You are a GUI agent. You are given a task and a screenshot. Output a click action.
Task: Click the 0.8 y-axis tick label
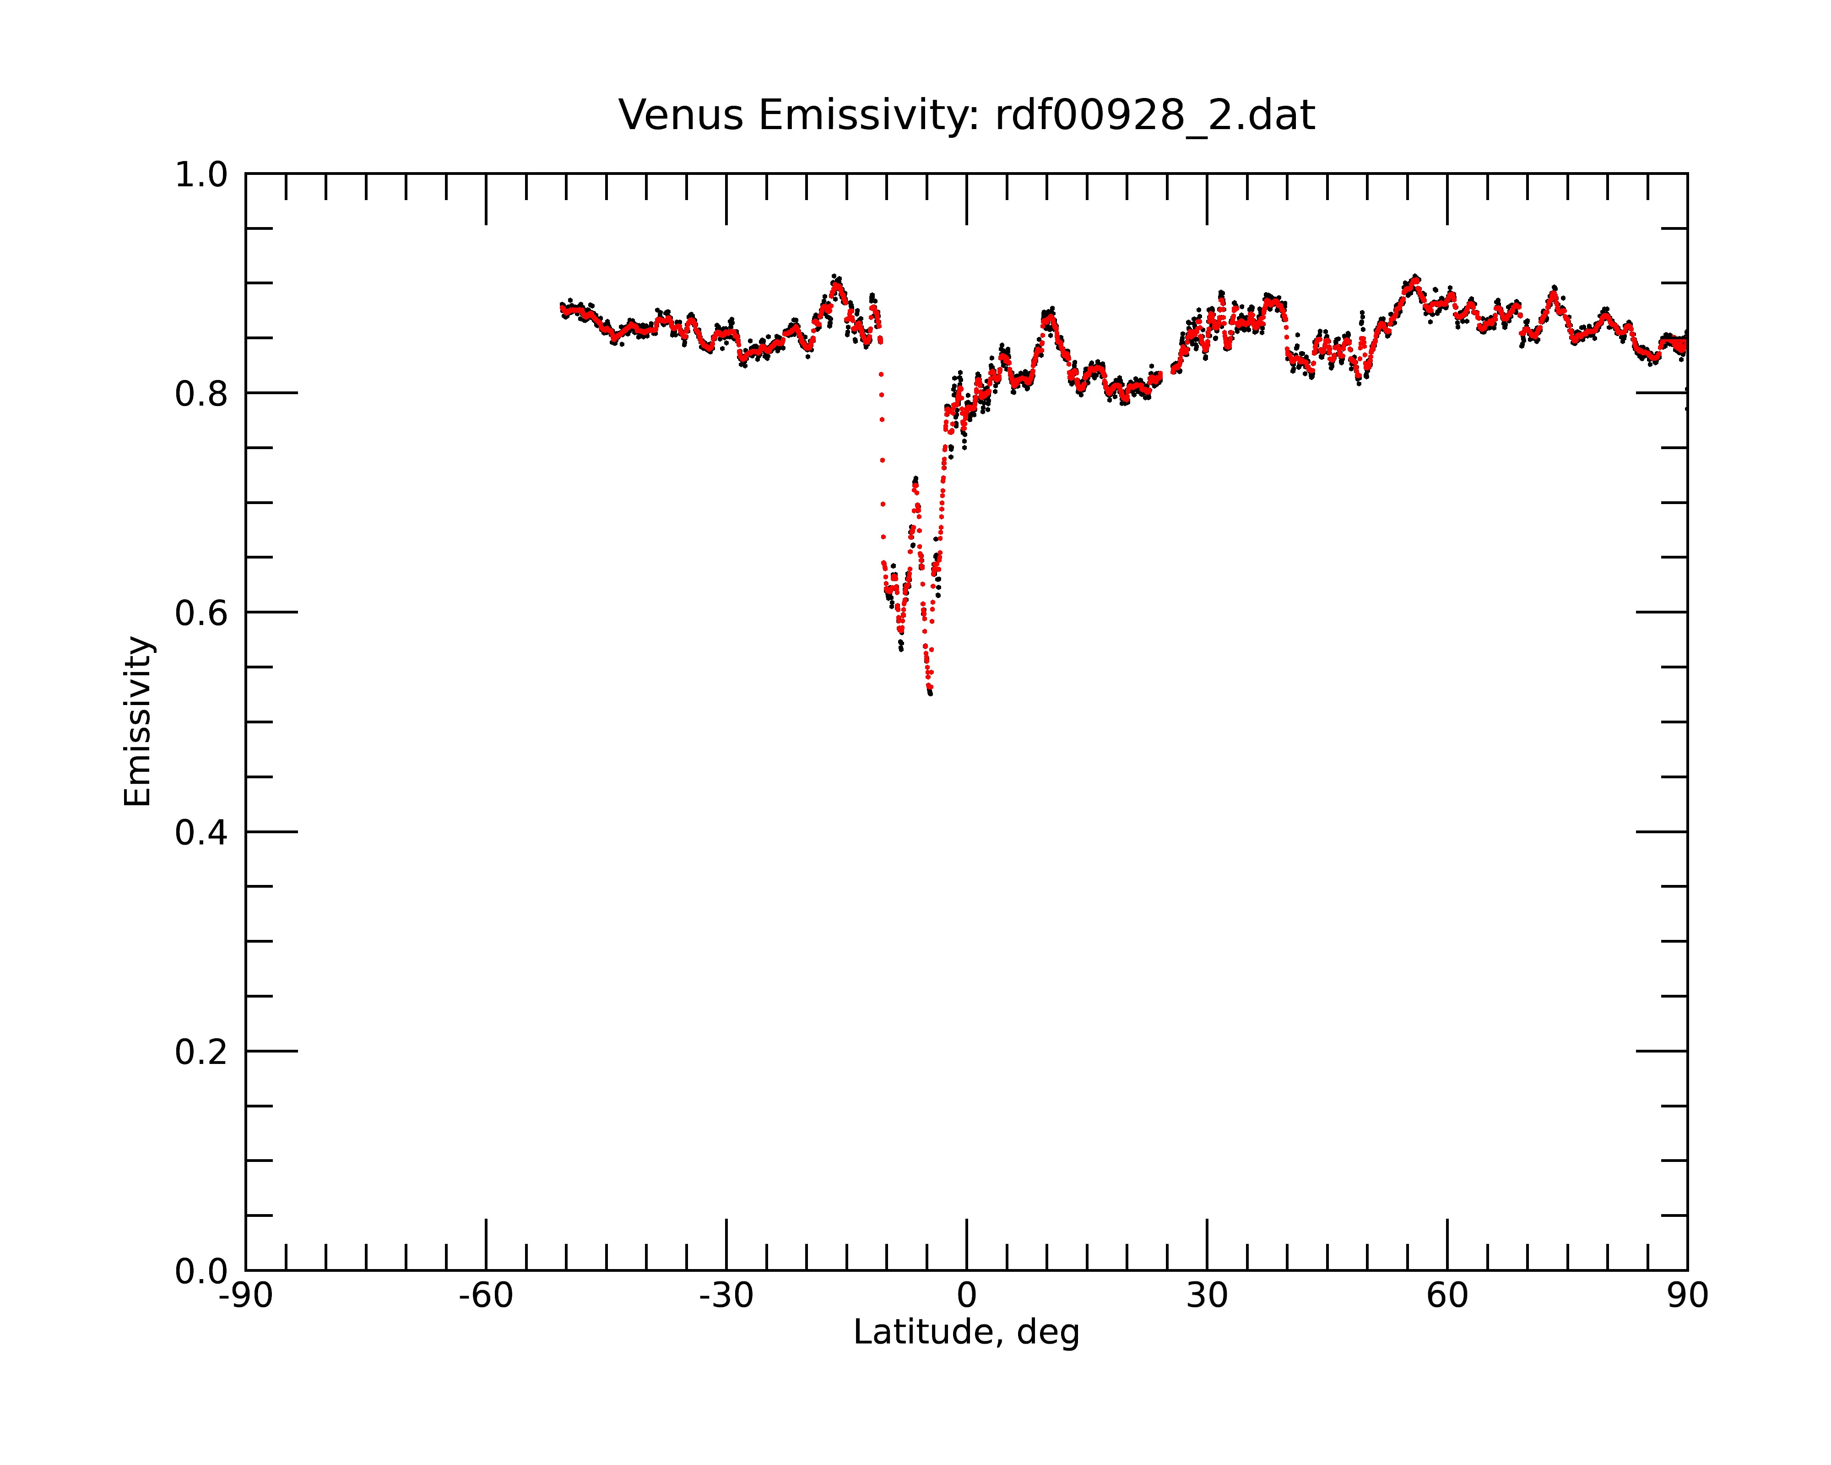[201, 394]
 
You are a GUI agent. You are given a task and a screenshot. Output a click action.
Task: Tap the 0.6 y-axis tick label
[201, 613]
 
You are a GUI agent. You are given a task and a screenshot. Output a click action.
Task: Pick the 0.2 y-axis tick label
[201, 1052]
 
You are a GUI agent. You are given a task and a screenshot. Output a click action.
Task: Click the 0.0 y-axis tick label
[201, 1271]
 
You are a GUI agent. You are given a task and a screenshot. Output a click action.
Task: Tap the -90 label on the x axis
[245, 1296]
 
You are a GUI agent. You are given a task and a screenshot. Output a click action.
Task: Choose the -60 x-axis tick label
[486, 1296]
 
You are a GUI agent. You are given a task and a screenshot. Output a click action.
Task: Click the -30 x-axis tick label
[726, 1296]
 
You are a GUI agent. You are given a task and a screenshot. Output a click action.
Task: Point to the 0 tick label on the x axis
[966, 1296]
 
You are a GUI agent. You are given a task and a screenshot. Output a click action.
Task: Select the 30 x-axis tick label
[1207, 1296]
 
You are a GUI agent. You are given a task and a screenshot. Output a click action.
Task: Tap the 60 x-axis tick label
[1447, 1296]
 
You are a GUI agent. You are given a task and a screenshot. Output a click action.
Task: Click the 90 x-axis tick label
[1687, 1296]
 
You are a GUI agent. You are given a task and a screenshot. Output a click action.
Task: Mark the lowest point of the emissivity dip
[931, 694]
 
